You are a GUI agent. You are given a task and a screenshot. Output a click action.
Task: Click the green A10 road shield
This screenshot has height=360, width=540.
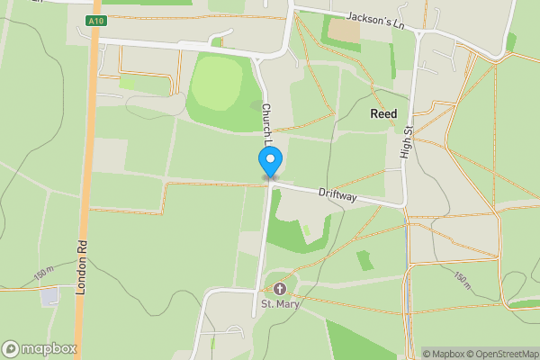point(96,20)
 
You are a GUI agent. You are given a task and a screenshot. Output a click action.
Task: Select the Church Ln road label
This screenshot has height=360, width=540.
point(267,124)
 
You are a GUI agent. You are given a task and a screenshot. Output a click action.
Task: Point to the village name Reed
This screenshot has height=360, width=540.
point(383,114)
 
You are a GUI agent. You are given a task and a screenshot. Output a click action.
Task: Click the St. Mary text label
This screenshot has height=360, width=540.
point(279,304)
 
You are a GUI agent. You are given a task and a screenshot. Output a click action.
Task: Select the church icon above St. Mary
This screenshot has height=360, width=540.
point(279,289)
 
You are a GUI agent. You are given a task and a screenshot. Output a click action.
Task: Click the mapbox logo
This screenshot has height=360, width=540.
point(39,348)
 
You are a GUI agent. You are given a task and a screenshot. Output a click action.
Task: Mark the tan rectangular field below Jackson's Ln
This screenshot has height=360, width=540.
point(345,31)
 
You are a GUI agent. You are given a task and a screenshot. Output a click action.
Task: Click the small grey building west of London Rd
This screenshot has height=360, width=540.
point(49,295)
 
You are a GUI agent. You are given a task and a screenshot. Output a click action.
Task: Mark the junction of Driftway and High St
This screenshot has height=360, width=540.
point(404,206)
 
